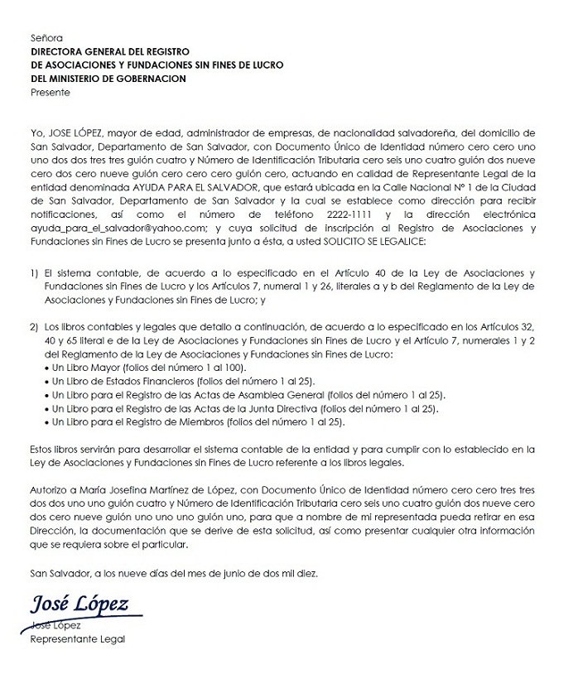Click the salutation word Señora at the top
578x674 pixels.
pos(46,38)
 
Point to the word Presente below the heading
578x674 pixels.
pos(51,92)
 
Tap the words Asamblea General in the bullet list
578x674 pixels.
pos(281,395)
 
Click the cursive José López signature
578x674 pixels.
pos(79,604)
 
